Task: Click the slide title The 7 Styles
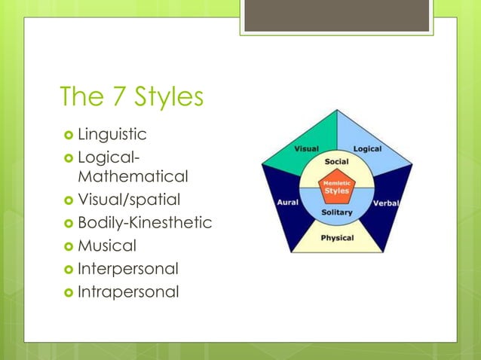click(131, 97)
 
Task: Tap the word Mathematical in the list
click(132, 177)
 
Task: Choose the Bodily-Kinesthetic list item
click(144, 223)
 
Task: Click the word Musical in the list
click(106, 246)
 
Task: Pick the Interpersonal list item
click(127, 268)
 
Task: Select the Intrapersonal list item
click(127, 291)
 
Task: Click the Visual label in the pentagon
click(305, 148)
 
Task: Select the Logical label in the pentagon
click(367, 148)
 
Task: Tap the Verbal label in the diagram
click(386, 203)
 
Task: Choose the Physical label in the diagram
click(336, 239)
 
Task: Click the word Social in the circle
click(336, 162)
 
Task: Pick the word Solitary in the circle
click(336, 212)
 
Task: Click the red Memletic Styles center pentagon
click(336, 188)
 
